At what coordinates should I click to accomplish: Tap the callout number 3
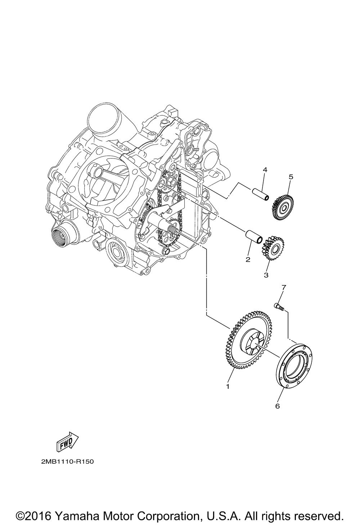point(266,275)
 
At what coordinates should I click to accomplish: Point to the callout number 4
point(265,170)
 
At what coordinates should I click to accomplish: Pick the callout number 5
point(291,177)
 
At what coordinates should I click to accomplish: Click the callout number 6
point(277,406)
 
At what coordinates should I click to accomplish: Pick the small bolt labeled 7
point(279,307)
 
